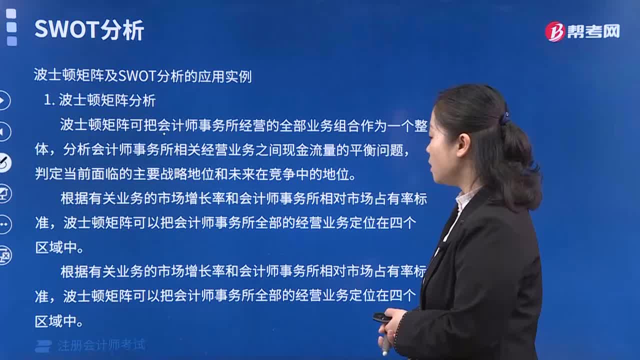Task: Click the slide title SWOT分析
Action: [89, 29]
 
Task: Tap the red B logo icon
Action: [554, 31]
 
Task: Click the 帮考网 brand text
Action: [593, 31]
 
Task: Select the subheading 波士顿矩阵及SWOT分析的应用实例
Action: [142, 76]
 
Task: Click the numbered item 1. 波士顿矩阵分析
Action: [99, 100]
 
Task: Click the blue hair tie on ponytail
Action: [505, 116]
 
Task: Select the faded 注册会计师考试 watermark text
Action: [101, 345]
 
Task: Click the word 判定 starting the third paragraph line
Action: [48, 173]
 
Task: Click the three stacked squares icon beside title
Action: [11, 27]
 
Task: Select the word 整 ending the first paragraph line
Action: [420, 125]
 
